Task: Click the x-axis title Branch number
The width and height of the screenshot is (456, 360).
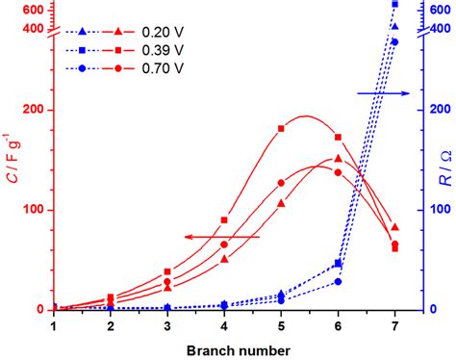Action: coord(224,348)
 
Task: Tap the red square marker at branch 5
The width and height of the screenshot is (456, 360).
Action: coord(281,128)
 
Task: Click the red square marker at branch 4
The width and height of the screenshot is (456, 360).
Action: coord(224,220)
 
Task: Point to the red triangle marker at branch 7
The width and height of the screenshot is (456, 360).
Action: coord(395,227)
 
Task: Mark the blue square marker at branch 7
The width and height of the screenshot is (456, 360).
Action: coord(395,5)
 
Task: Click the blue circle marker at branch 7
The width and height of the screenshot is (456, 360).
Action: coord(395,42)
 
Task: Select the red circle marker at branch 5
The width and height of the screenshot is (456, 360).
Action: coord(281,183)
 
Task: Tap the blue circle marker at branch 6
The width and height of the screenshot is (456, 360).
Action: coord(338,281)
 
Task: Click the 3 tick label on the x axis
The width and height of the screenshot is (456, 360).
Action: coord(167,326)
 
